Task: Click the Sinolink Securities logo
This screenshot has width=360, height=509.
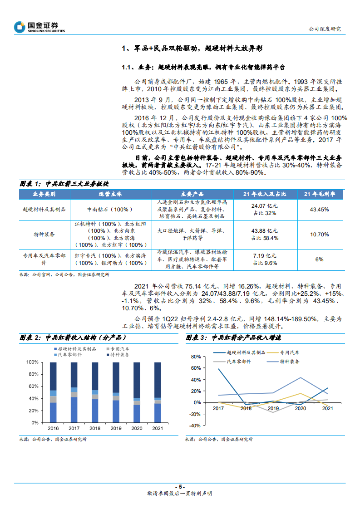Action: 39,27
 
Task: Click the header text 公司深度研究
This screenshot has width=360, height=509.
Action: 324,29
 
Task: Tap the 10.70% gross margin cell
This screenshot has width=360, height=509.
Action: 319,234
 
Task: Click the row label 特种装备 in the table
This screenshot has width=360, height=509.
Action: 44,234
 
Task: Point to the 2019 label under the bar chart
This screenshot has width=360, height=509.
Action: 116,428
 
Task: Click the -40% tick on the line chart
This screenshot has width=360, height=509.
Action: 195,426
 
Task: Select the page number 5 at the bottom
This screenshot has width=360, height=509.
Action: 180,487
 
